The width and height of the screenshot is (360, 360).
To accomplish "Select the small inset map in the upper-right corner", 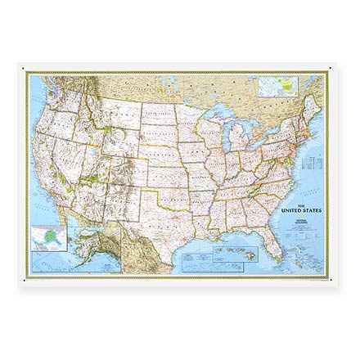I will click(x=278, y=86).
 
